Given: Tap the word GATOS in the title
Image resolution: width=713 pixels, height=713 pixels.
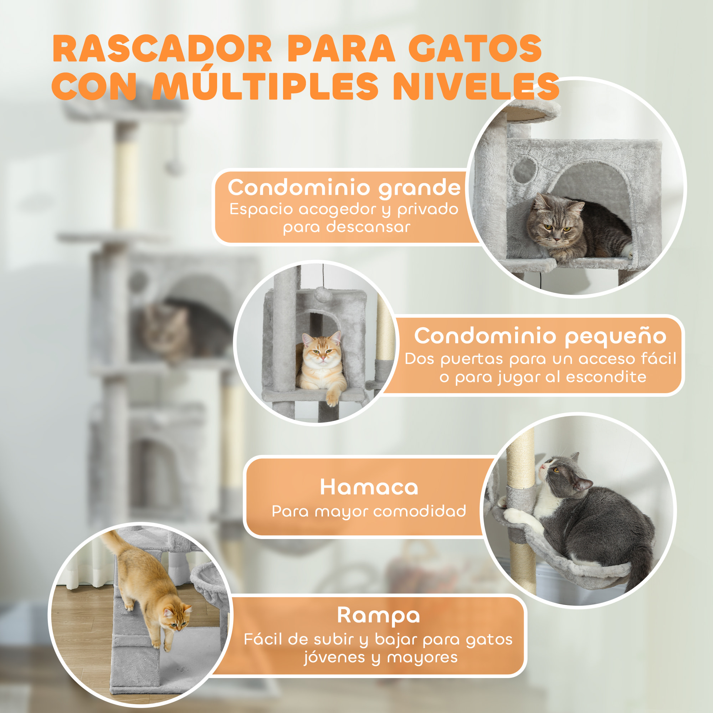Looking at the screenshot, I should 475,49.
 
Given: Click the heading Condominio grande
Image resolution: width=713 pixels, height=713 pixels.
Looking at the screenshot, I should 344,188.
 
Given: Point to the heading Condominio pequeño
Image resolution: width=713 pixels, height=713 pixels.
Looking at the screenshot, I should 540,336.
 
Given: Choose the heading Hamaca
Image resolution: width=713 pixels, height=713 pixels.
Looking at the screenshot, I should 369,487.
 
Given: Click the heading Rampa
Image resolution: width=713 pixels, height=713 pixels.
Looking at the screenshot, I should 378,615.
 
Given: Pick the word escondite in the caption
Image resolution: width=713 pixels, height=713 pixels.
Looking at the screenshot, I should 606,377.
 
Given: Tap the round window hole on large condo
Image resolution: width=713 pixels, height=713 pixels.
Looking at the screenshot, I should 525,170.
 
